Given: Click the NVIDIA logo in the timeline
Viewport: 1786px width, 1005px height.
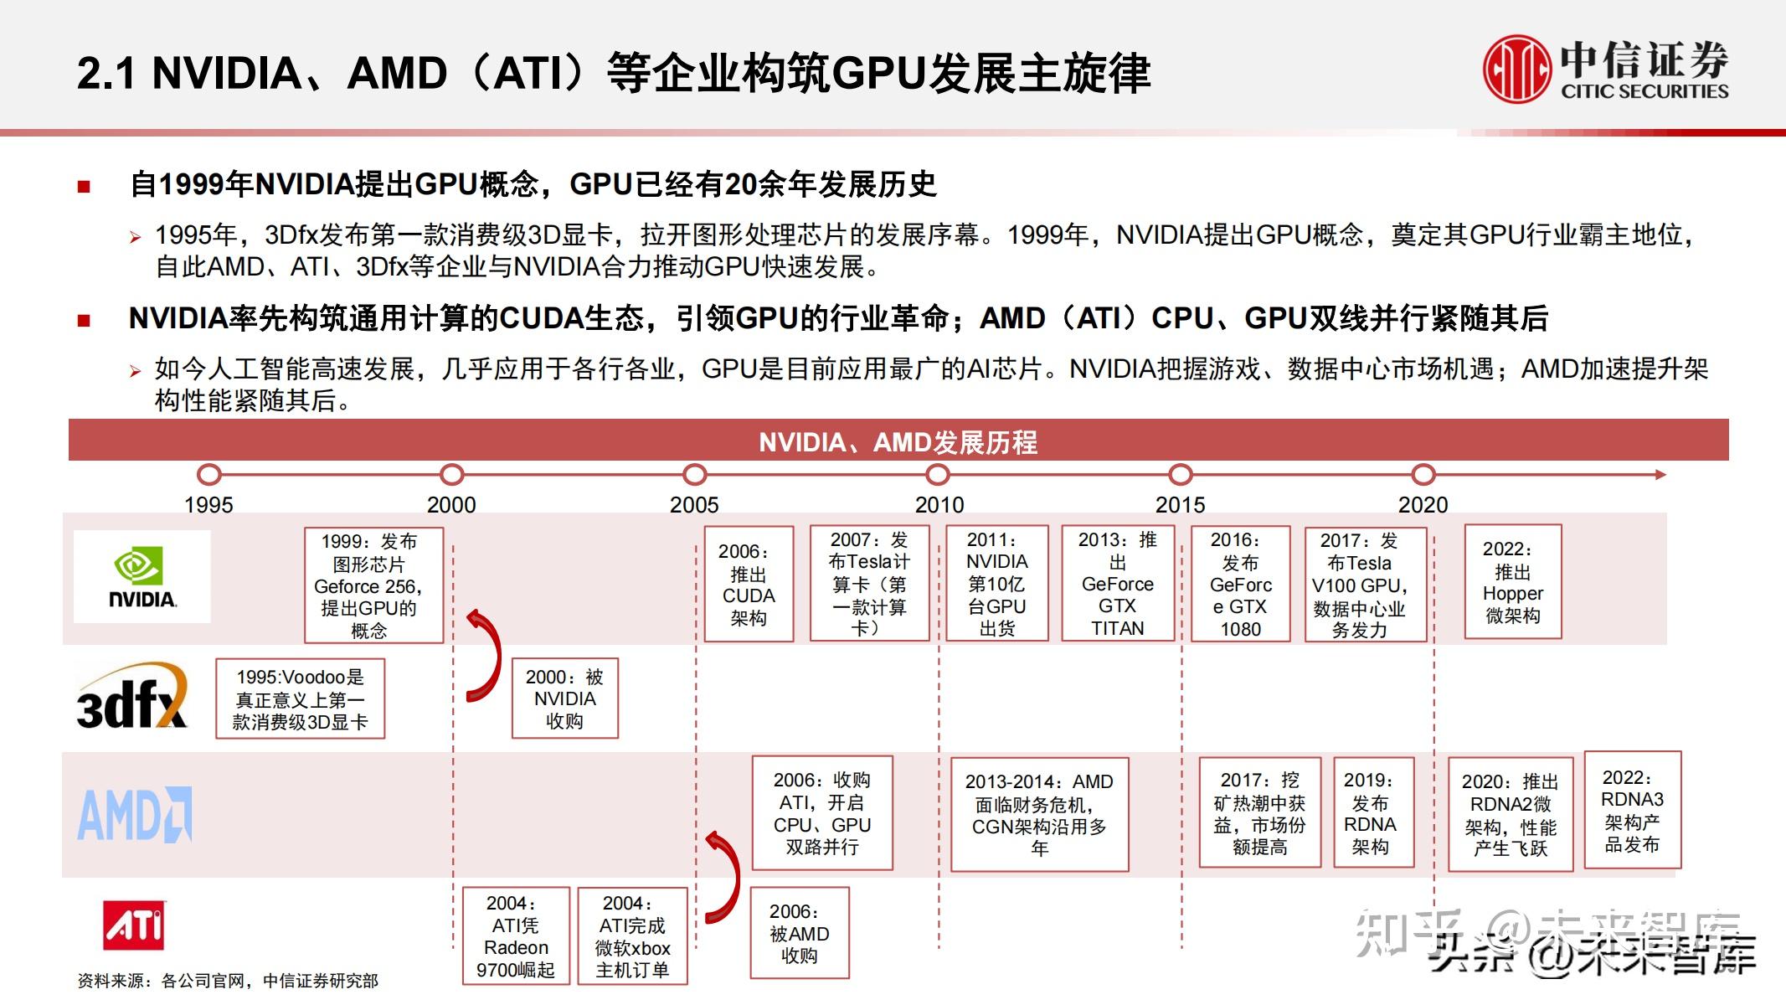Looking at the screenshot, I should point(142,577).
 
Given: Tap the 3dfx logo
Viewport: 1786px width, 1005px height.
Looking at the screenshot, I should point(131,697).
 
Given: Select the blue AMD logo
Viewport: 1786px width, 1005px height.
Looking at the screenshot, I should point(135,814).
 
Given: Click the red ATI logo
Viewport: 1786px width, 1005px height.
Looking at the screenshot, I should point(134,925).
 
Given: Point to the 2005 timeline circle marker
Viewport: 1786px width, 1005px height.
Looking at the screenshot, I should point(694,475).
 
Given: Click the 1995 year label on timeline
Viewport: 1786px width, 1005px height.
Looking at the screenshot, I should point(208,505).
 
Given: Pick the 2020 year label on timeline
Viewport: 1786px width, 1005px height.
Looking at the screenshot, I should point(1423,505).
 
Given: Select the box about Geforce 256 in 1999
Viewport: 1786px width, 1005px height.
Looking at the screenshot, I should point(373,585).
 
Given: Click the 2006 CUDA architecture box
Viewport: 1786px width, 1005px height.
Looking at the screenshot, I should point(749,585).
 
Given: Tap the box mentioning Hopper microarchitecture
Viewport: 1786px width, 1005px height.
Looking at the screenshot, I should point(1512,582).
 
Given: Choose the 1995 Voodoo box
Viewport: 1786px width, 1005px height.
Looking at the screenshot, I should point(300,699).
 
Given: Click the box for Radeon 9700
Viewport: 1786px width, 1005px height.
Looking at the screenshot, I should point(516,936).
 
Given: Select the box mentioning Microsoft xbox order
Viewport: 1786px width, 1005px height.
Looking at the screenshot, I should point(632,936).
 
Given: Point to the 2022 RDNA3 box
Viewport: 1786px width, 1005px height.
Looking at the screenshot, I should point(1632,811).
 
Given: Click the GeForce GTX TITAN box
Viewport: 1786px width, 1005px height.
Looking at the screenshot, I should point(1118,584).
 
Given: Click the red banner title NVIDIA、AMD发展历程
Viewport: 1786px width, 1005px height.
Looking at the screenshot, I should point(898,441).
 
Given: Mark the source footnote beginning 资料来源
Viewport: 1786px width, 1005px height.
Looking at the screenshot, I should point(228,981).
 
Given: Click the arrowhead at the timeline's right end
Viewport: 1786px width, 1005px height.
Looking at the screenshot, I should point(1660,475).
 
